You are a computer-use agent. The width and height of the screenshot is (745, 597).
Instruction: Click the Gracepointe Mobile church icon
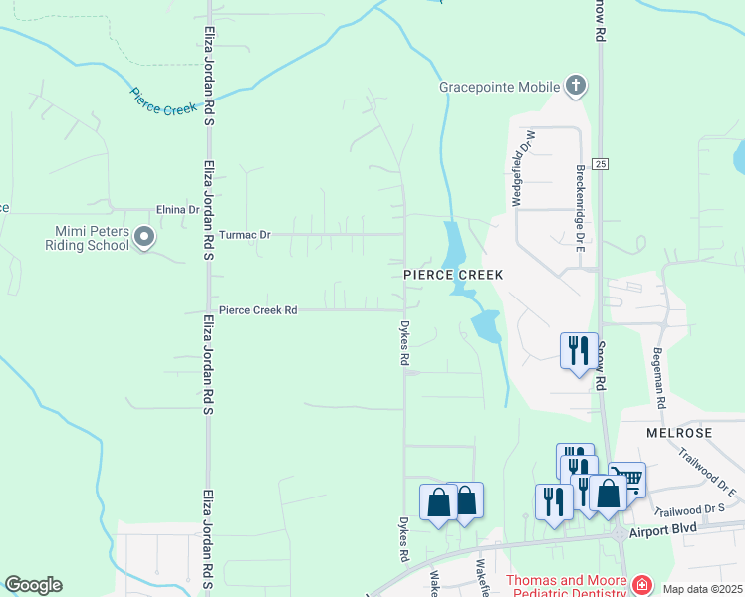coord(576,87)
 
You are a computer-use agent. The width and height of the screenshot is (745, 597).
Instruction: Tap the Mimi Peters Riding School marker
coord(145,237)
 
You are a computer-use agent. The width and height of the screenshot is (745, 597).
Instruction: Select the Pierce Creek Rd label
coord(258,310)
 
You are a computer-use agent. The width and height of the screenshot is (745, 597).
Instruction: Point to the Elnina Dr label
coord(179,210)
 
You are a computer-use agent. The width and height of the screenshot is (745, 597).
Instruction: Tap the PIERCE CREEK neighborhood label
coord(453,274)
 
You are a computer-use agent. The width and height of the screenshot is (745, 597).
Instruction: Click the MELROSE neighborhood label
coord(678,434)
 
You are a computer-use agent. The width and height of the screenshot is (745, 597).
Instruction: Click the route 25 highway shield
coord(599,164)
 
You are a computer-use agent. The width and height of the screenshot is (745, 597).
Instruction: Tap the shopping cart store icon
coord(627,480)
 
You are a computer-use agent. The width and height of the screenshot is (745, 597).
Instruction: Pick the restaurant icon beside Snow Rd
coord(579,350)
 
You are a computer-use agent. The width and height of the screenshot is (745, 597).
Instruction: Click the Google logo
coord(33,585)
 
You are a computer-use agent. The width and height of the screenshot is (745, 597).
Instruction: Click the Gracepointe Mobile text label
coord(500,87)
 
